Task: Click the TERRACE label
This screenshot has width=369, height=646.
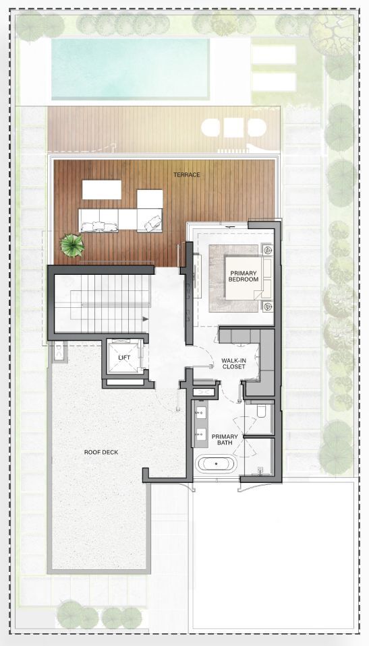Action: (x=187, y=174)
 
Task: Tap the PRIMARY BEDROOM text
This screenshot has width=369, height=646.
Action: (x=244, y=276)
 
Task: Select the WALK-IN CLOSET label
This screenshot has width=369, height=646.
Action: (x=233, y=363)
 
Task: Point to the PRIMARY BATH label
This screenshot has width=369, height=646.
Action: (x=225, y=440)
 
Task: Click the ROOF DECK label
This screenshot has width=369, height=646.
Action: (x=101, y=452)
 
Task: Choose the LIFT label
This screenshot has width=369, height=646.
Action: (x=124, y=357)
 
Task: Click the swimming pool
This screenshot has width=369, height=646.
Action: (x=130, y=69)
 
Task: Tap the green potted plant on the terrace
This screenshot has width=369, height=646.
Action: (x=72, y=245)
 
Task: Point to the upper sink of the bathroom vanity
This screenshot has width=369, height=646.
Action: (x=202, y=413)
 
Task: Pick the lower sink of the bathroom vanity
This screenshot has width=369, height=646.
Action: (x=202, y=434)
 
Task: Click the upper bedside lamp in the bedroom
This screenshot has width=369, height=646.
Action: (x=267, y=249)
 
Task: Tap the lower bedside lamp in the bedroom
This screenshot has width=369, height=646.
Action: (x=267, y=306)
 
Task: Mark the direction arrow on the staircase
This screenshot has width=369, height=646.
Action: (x=145, y=319)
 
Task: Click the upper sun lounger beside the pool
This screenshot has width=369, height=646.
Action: (x=274, y=55)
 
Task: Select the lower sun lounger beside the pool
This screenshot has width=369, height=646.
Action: (x=274, y=82)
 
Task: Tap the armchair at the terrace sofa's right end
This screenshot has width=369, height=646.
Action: (x=149, y=220)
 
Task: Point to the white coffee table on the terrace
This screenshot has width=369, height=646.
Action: (x=102, y=189)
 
